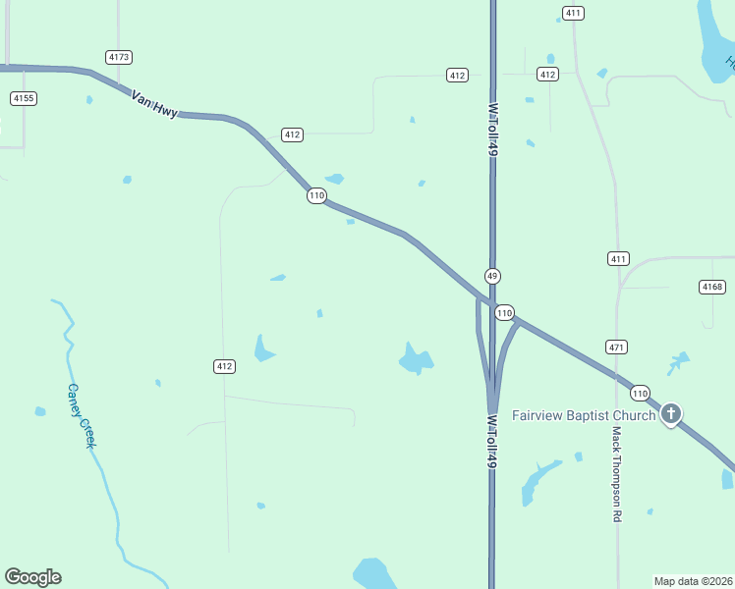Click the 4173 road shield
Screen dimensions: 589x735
(119, 57)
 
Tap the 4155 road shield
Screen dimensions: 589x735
(24, 98)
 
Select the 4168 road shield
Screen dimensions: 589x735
(712, 287)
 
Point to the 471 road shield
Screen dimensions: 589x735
(617, 348)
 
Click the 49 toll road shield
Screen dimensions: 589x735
(492, 276)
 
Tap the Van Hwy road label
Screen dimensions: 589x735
(155, 103)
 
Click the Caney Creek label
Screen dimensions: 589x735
(81, 416)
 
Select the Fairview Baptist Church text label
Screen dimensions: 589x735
(584, 415)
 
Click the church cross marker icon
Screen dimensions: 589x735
(671, 414)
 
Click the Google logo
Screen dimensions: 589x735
(32, 577)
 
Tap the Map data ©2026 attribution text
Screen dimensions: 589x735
(694, 580)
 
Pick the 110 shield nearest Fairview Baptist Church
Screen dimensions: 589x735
(640, 393)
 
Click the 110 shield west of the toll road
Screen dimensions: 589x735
(315, 195)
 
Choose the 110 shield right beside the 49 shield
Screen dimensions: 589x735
(504, 312)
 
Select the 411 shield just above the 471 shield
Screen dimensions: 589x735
(617, 259)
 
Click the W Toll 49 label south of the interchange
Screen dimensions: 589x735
(491, 439)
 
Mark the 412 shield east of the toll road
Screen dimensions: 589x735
(547, 75)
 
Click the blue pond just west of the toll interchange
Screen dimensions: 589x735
(417, 359)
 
